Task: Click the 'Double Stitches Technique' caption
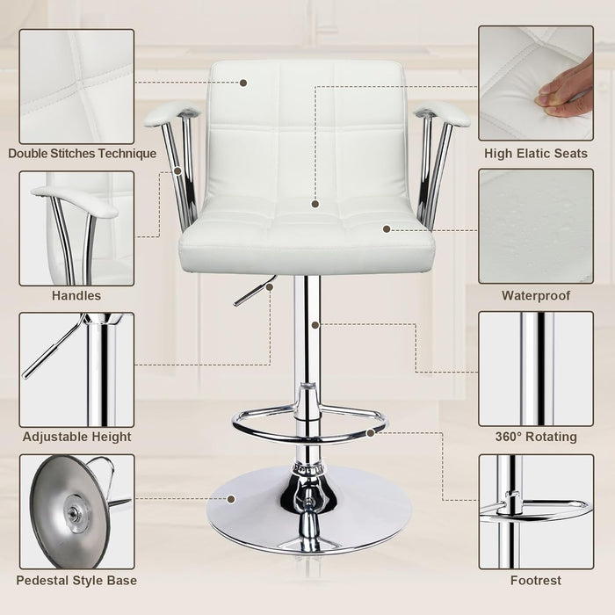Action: pos(82,154)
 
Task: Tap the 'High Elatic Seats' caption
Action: pos(536,154)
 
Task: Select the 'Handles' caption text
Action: pos(76,296)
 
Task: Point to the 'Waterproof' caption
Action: pos(536,296)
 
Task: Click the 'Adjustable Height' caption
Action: pos(77,437)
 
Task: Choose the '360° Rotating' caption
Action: pos(536,437)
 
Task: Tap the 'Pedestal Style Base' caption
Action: pos(77,580)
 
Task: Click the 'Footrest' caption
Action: pos(536,580)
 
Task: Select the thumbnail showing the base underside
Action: pos(76,511)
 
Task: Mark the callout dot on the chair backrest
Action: pos(243,83)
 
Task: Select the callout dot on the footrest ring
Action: pos(372,432)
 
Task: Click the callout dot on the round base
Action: pos(231,499)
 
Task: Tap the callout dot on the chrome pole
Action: pos(315,324)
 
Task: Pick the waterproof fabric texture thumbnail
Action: pos(536,227)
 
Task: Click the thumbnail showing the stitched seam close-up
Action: pos(76,85)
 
